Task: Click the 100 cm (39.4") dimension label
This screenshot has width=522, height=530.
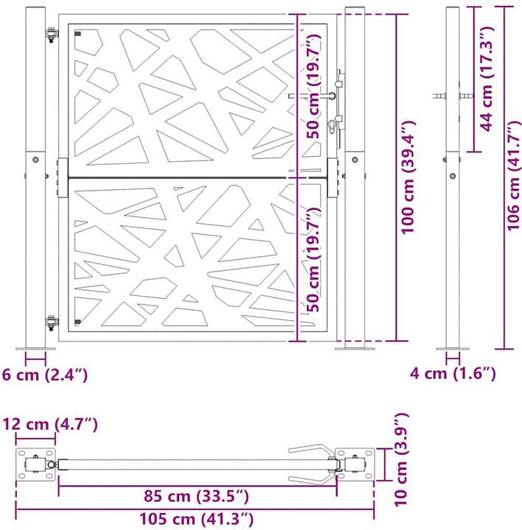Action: point(410,177)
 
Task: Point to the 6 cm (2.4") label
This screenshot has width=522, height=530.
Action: point(45,375)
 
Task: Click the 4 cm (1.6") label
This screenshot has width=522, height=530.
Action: point(453,374)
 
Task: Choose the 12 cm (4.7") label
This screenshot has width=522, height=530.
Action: point(49,425)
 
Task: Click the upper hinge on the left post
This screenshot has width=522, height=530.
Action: point(51,35)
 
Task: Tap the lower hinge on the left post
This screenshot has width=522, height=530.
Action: point(51,322)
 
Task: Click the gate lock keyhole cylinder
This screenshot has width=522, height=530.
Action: point(334,126)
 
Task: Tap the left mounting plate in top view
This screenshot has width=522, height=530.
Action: point(35,465)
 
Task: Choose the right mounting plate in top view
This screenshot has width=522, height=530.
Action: point(354,464)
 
